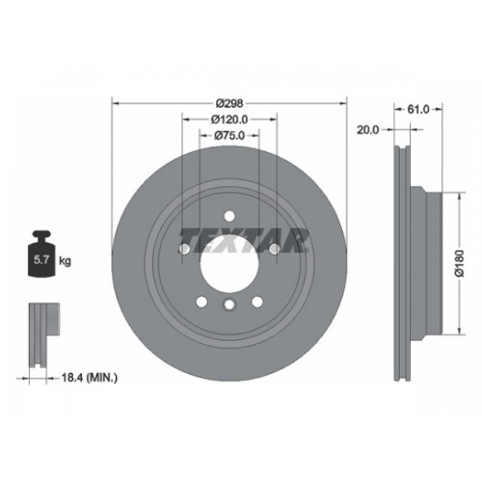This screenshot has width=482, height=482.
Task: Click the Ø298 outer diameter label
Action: click(x=229, y=104)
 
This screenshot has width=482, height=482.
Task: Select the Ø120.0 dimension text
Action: click(x=229, y=120)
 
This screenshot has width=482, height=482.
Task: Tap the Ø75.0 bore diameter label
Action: click(x=229, y=136)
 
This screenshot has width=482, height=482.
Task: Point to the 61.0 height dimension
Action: click(x=418, y=110)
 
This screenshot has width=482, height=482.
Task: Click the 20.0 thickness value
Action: click(x=368, y=130)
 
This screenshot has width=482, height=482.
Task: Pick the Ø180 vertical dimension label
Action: click(x=460, y=262)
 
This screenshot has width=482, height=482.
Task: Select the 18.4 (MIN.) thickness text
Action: click(x=90, y=378)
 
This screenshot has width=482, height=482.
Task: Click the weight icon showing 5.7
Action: click(x=41, y=254)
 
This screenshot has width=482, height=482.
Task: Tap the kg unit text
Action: click(x=65, y=261)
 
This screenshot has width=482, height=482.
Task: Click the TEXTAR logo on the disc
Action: click(x=244, y=240)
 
